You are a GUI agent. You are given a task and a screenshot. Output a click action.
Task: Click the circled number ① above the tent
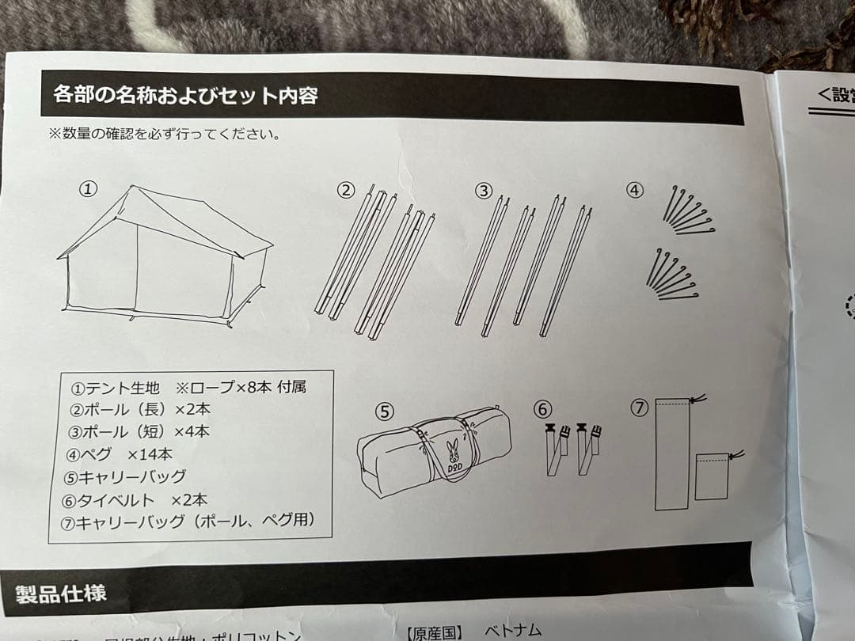[x=89, y=188]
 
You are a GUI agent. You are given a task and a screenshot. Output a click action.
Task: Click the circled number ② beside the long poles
[x=346, y=190]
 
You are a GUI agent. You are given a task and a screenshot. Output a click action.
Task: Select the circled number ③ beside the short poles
[x=484, y=190]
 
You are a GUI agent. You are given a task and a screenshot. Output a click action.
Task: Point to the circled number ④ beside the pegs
[x=635, y=190]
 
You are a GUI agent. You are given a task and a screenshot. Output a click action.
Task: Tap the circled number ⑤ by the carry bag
[x=384, y=412]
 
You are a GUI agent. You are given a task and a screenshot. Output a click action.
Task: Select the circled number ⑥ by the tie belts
[x=542, y=409]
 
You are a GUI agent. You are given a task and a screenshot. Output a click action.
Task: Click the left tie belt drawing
[x=557, y=449]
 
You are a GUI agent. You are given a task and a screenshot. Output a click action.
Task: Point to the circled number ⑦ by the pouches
[x=639, y=408]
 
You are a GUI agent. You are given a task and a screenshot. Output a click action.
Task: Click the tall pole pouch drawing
[x=672, y=454]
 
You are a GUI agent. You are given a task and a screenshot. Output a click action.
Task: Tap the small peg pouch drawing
[x=713, y=475]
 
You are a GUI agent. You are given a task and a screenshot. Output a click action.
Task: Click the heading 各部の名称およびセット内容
[x=185, y=97]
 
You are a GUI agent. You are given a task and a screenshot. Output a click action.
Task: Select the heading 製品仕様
[x=61, y=593]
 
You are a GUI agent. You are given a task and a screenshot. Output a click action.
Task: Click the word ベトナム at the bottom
[x=512, y=631]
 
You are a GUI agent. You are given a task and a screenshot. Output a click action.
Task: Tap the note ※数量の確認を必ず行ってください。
[x=165, y=133]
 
